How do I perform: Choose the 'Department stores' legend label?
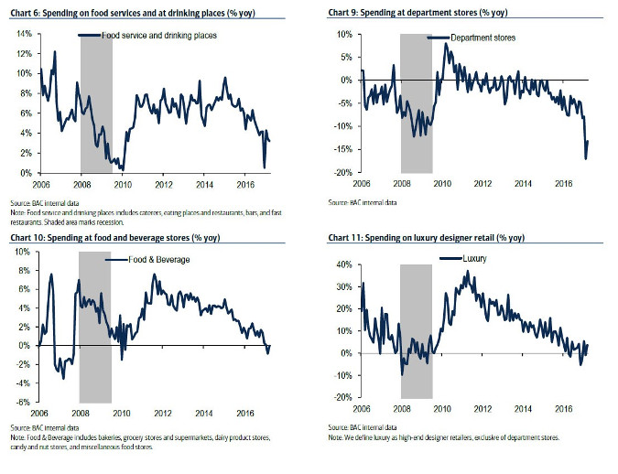coord(484,38)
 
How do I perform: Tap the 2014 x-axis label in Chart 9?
coord(523,184)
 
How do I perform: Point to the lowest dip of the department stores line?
coord(585,159)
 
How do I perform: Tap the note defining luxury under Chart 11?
coord(449,437)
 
